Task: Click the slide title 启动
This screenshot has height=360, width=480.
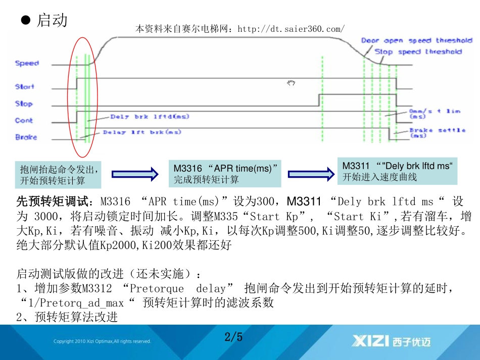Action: click(x=52, y=21)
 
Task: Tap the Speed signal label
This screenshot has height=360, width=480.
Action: click(x=27, y=63)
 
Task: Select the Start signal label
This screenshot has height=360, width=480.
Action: click(x=25, y=86)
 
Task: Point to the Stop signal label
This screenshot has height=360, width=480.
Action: click(x=24, y=104)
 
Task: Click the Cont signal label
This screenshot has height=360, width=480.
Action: click(x=24, y=120)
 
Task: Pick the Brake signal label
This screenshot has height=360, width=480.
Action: click(x=26, y=137)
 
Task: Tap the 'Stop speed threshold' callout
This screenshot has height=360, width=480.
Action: click(x=418, y=52)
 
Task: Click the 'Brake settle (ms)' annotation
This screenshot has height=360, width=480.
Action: click(x=437, y=133)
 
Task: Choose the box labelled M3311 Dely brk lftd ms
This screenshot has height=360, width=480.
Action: click(x=397, y=171)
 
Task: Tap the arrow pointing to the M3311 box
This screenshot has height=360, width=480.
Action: click(x=309, y=174)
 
